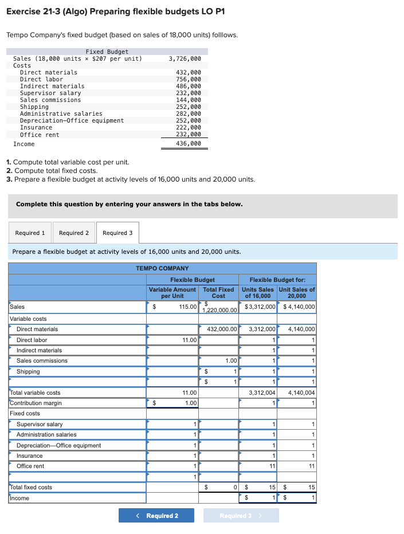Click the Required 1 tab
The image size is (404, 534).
pos(30,233)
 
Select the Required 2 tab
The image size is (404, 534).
pos(74,233)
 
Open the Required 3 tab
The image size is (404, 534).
pos(117,233)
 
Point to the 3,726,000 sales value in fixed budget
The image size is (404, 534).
pos(185,58)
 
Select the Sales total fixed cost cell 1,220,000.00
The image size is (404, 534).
pos(219,307)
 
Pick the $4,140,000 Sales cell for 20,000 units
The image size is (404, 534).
pos(298,307)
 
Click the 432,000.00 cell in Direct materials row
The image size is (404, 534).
pos(219,329)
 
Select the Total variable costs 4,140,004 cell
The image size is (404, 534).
pos(298,392)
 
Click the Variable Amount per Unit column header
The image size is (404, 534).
pos(172,292)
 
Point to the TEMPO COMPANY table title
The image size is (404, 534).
pos(162,268)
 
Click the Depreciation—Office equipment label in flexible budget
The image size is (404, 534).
pos(58,445)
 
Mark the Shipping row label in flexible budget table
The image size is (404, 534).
pos(28,371)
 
